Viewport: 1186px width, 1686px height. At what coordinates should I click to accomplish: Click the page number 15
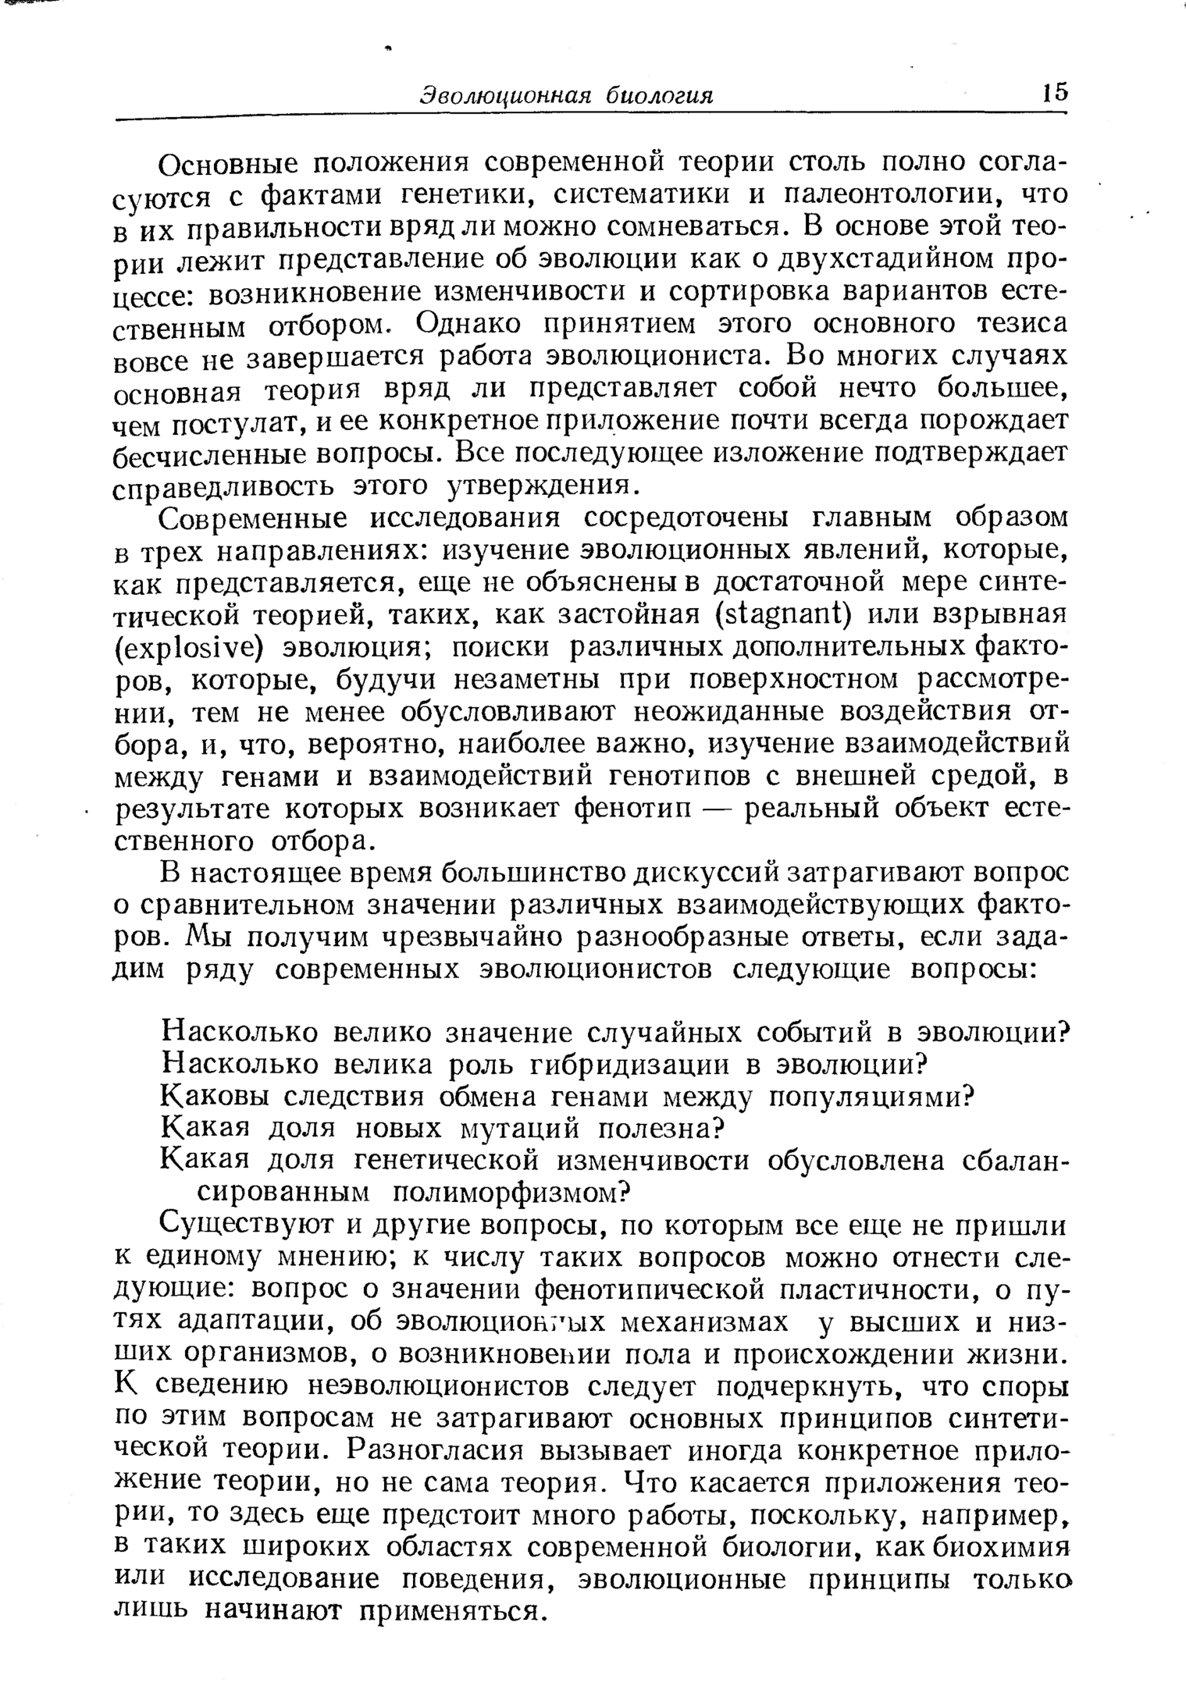pyautogui.click(x=1053, y=93)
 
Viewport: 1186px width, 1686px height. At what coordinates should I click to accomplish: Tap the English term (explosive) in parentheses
pyautogui.click(x=187, y=649)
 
